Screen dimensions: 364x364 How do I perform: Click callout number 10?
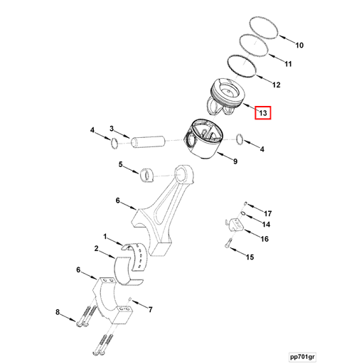point(299,45)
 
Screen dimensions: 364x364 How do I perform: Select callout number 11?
point(288,65)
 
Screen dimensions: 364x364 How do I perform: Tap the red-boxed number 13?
point(262,113)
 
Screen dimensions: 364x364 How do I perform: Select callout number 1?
point(105,237)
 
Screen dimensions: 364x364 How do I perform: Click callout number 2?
point(96,249)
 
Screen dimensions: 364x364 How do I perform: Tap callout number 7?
point(150,310)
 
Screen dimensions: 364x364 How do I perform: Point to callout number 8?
point(58,313)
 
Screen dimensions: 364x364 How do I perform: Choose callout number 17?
point(267,213)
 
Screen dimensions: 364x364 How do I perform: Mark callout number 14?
point(266,225)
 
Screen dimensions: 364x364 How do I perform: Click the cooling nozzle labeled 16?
point(234,227)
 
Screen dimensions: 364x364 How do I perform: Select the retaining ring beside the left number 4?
point(114,145)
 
